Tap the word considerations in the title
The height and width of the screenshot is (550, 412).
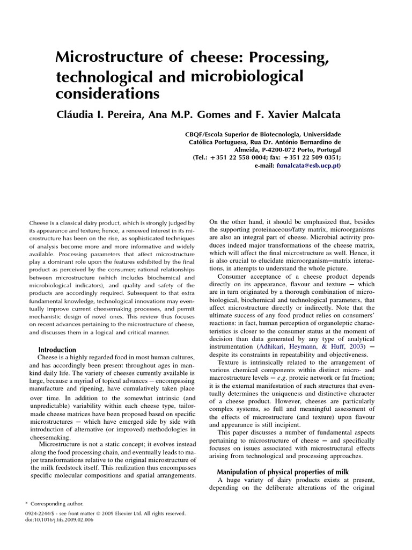tap(108, 94)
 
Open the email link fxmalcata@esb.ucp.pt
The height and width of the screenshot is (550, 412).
tap(307, 167)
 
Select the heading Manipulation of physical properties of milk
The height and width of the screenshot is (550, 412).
tap(283, 471)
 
